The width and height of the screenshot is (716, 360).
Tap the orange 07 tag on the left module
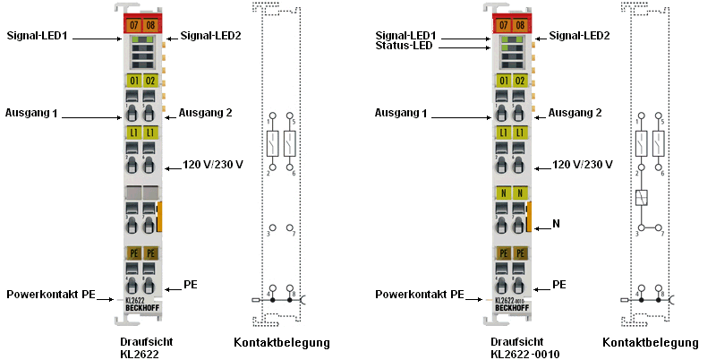pyautogui.click(x=132, y=24)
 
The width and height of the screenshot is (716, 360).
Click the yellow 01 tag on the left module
pyautogui.click(x=132, y=81)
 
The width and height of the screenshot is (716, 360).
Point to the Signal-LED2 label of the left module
pyautogui.click(x=211, y=36)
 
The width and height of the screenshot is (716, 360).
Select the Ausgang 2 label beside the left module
pyautogui.click(x=206, y=113)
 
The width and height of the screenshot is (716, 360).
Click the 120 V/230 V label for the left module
pyautogui.click(x=213, y=165)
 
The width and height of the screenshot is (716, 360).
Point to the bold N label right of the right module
pyautogui.click(x=556, y=224)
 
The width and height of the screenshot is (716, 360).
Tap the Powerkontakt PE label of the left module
pyautogui.click(x=51, y=294)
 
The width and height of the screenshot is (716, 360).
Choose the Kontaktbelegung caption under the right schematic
pyautogui.click(x=651, y=342)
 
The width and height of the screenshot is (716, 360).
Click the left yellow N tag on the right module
pyautogui.click(x=503, y=193)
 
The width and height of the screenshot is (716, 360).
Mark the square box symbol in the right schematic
pyautogui.click(x=641, y=199)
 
